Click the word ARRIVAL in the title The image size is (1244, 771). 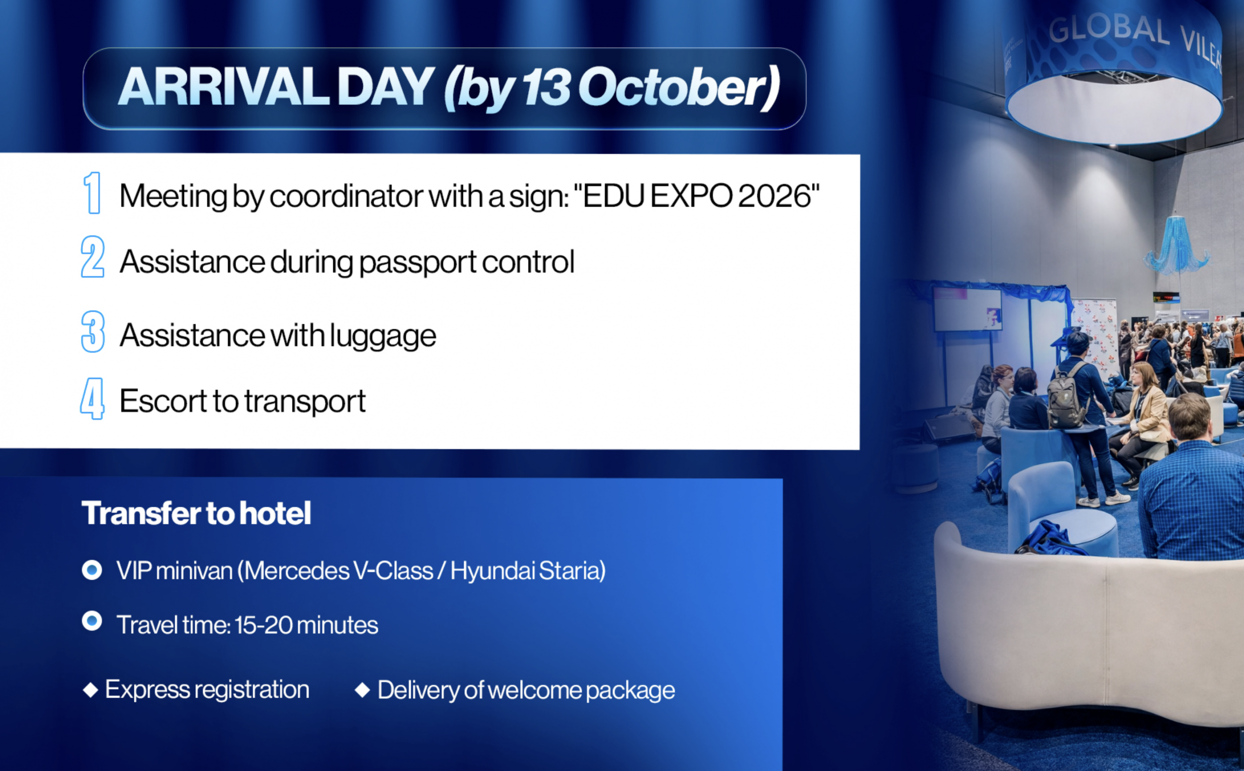(x=224, y=87)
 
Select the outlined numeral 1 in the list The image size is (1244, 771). (x=92, y=193)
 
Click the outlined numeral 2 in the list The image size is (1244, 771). (x=93, y=256)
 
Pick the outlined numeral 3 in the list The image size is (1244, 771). (x=93, y=332)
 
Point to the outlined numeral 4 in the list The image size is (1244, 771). (x=92, y=399)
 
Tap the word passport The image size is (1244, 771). (x=418, y=263)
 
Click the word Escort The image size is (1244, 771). (x=163, y=401)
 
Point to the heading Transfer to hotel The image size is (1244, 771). (x=196, y=513)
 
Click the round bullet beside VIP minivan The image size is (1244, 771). (x=92, y=570)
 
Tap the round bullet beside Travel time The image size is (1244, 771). (x=92, y=620)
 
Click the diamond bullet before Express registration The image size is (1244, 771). (x=90, y=690)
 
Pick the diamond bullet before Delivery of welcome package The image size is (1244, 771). (x=363, y=690)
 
